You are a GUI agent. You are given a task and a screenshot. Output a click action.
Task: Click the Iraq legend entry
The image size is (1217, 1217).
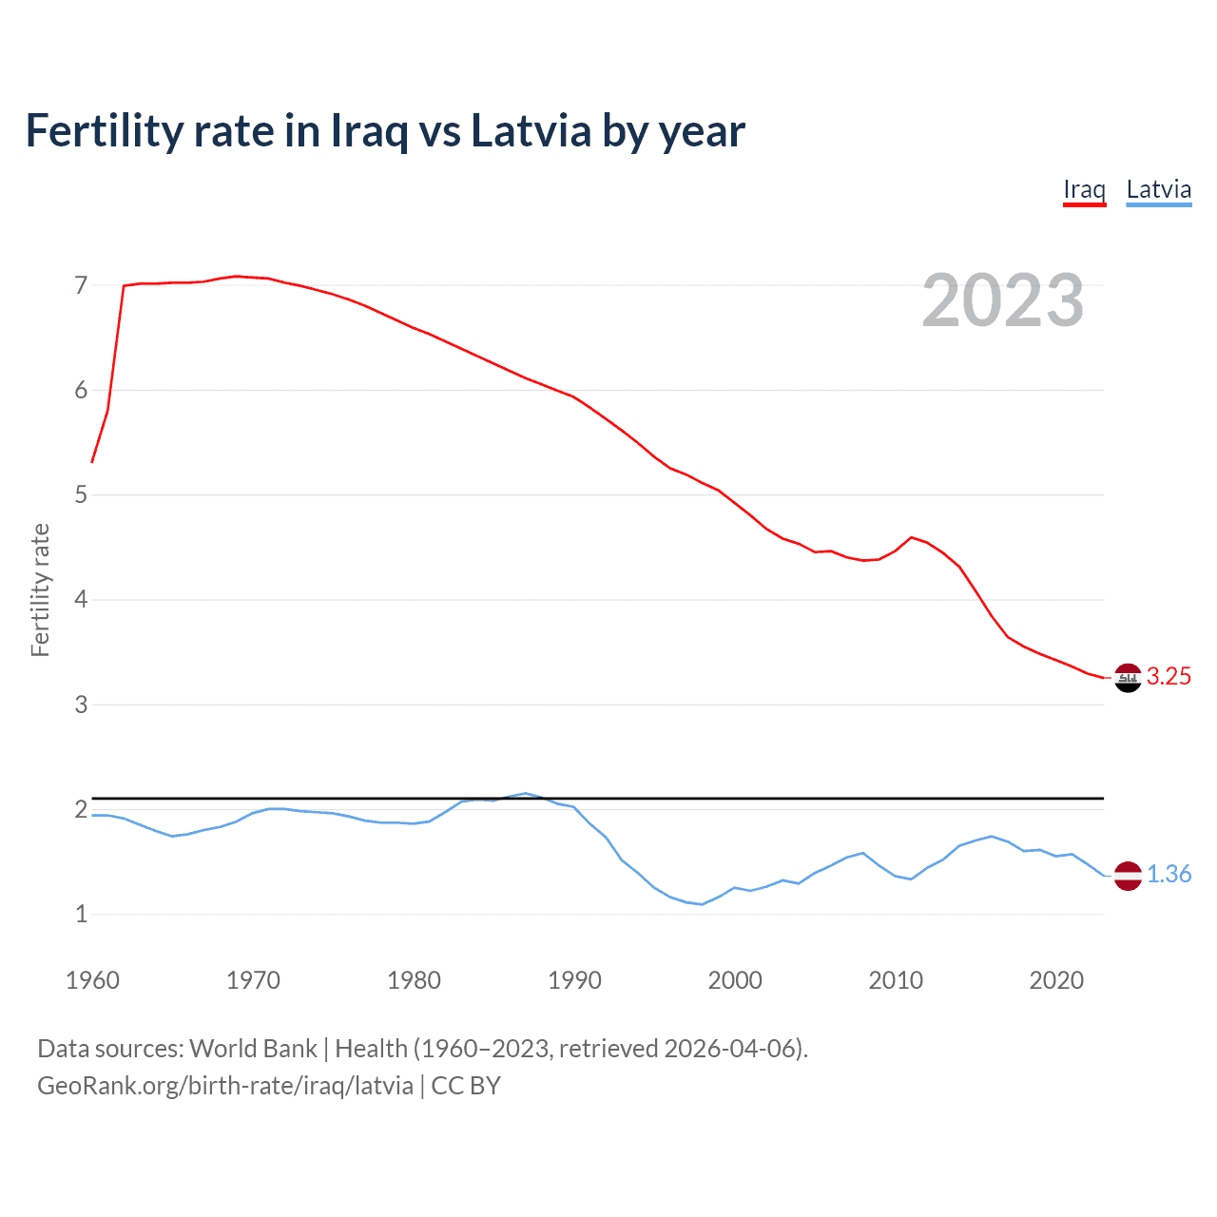1084,189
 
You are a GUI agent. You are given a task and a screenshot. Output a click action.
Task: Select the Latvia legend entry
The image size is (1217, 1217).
1158,189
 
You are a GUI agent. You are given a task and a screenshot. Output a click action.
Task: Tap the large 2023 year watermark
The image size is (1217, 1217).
1002,300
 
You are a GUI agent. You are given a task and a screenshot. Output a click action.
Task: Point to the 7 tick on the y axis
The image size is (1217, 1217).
81,285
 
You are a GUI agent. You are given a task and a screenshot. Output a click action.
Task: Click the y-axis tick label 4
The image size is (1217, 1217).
81,600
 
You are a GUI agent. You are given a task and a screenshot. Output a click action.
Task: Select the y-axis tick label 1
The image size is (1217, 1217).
81,915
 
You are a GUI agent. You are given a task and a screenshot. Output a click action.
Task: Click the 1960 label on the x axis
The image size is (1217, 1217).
92,980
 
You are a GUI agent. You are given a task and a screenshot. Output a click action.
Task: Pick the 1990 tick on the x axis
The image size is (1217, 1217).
574,980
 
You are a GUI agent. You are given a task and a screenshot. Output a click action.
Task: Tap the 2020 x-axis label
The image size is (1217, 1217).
1056,980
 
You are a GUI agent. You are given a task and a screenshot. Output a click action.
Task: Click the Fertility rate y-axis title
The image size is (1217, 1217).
40,589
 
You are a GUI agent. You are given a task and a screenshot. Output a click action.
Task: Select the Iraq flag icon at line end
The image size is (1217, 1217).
1128,678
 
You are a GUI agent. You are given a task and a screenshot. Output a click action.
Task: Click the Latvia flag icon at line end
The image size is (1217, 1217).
1128,876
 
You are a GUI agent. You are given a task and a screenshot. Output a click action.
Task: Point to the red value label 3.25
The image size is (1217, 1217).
1169,676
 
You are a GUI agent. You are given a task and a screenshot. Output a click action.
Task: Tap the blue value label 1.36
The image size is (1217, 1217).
1169,874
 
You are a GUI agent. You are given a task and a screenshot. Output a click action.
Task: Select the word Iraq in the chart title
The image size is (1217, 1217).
369,132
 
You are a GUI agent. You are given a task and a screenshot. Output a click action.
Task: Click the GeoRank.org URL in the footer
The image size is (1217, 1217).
225,1086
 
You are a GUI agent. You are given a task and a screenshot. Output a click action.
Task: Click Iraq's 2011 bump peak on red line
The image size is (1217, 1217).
912,537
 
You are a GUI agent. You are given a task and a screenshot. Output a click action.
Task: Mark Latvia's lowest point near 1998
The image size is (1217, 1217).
703,904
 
